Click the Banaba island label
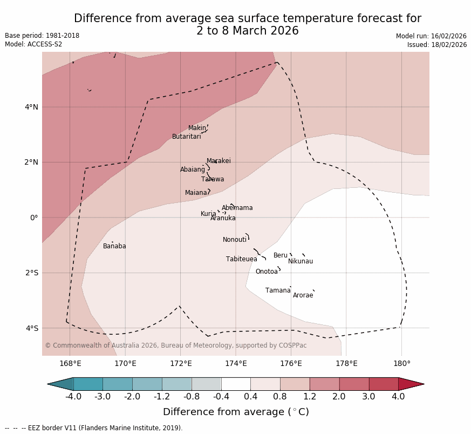[x=114, y=246]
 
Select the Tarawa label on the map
[x=213, y=179]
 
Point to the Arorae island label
[x=303, y=295]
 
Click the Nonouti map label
[x=235, y=240]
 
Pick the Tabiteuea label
[x=241, y=259]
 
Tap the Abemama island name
[x=237, y=208]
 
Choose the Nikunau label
[x=300, y=261]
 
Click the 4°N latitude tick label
[x=31, y=107]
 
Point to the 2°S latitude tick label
[x=31, y=273]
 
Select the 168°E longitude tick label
[x=70, y=364]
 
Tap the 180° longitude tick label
[x=401, y=364]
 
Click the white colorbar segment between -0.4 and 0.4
[x=236, y=384]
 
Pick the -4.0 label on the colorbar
[x=73, y=397]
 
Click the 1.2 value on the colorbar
[x=310, y=397]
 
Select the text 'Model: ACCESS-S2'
[x=33, y=44]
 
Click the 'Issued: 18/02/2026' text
[x=436, y=45]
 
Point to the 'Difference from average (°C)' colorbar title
[x=236, y=412]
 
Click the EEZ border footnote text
[x=94, y=428]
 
